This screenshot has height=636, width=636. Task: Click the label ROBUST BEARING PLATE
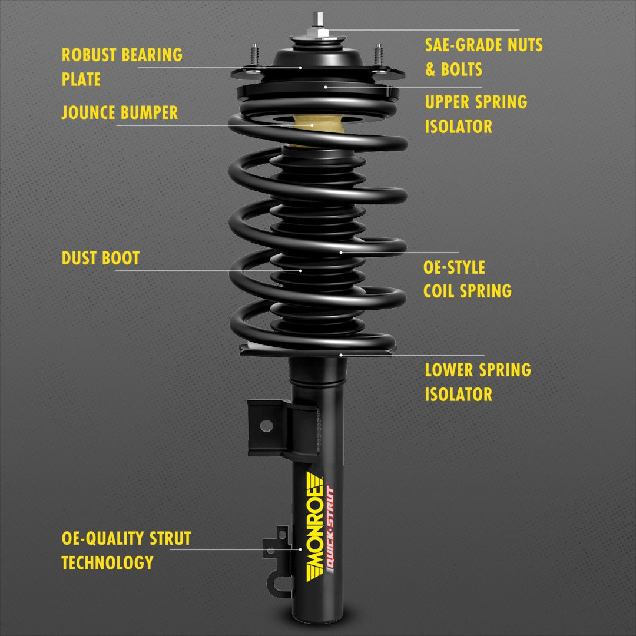click(122, 67)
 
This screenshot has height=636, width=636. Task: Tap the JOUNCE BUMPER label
click(120, 112)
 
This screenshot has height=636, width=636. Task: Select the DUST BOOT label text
click(101, 258)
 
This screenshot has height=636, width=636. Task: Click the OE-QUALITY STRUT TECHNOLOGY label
click(126, 550)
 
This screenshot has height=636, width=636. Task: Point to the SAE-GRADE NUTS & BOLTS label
click(484, 57)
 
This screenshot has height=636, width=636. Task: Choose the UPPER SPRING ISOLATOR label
click(476, 114)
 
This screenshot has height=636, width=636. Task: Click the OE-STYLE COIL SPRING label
click(467, 279)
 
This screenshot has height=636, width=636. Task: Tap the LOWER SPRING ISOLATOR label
click(478, 382)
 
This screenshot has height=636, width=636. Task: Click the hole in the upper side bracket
click(266, 425)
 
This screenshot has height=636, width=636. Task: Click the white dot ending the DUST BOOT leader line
click(301, 271)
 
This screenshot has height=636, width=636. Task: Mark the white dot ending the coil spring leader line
click(341, 252)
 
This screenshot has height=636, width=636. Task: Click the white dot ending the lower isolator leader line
click(341, 355)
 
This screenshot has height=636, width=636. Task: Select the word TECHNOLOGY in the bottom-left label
click(107, 562)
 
